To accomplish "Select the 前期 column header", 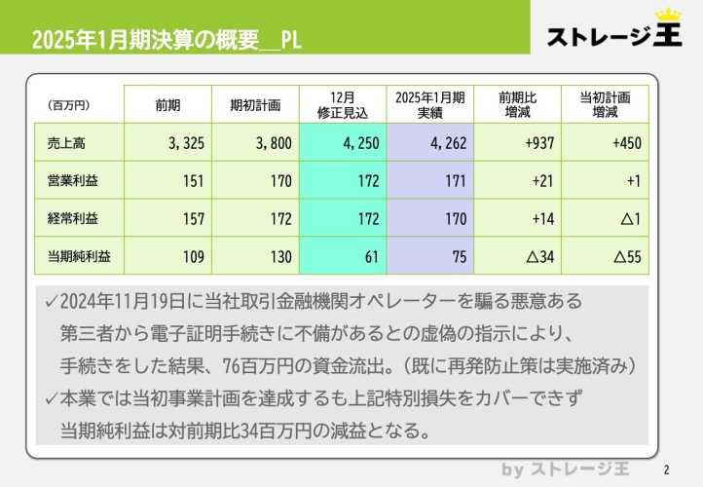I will pos(167,105).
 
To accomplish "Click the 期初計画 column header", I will pos(255,105).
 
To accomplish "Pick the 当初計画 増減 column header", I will pos(605,105).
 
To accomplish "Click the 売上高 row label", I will pos(67,143).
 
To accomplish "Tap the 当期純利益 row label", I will pos(80,257).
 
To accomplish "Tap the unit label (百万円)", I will pos(68,105).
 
